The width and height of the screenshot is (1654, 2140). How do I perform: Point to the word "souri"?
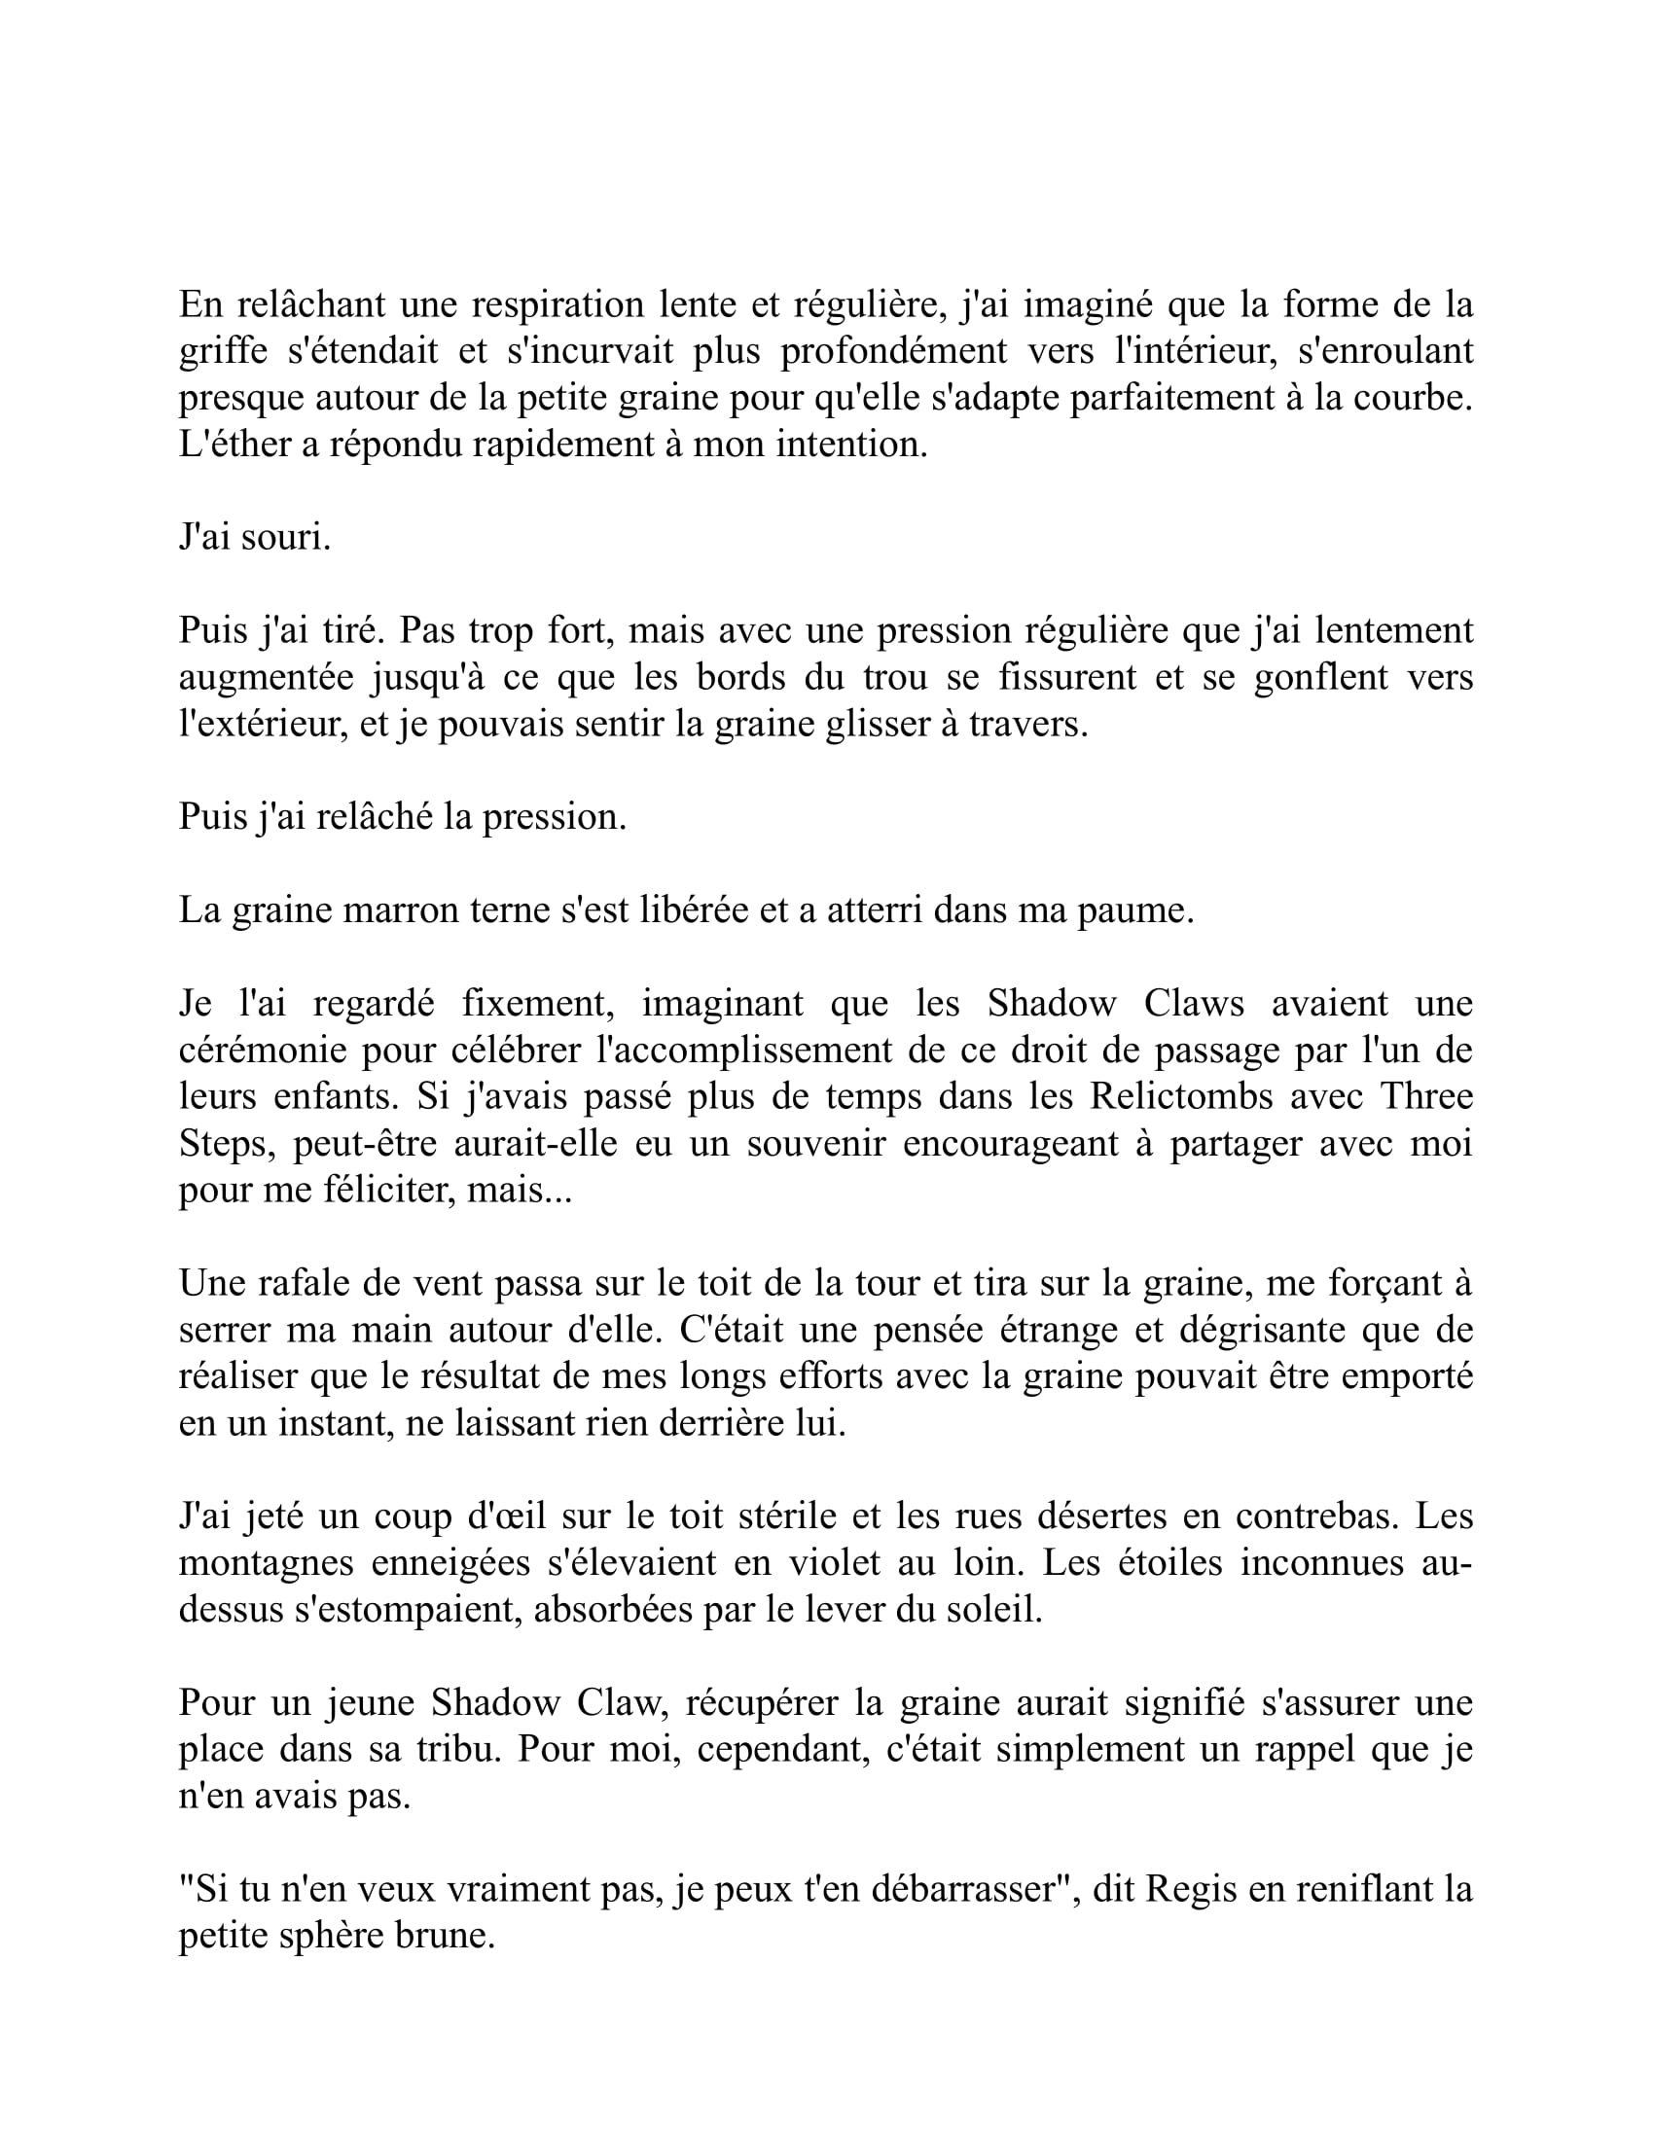pyautogui.click(x=291, y=538)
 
